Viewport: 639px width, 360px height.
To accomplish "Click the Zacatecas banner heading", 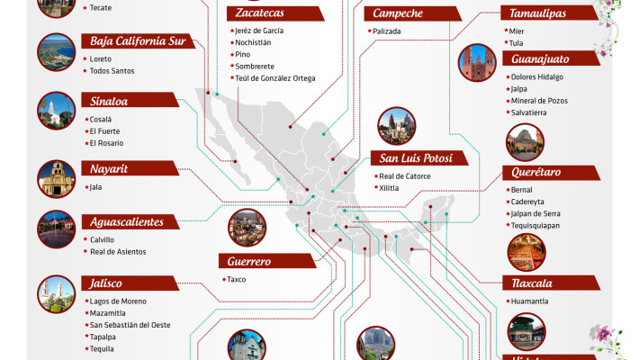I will (x=274, y=13).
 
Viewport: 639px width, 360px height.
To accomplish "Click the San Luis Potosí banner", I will (x=421, y=158).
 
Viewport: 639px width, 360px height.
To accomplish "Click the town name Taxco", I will (x=237, y=279).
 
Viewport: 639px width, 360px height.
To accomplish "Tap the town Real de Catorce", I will (x=405, y=176).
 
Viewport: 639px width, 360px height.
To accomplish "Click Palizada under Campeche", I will (x=388, y=31).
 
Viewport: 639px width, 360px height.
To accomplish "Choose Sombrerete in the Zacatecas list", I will (x=255, y=66).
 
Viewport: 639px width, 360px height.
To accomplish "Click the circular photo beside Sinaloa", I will (x=56, y=110).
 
